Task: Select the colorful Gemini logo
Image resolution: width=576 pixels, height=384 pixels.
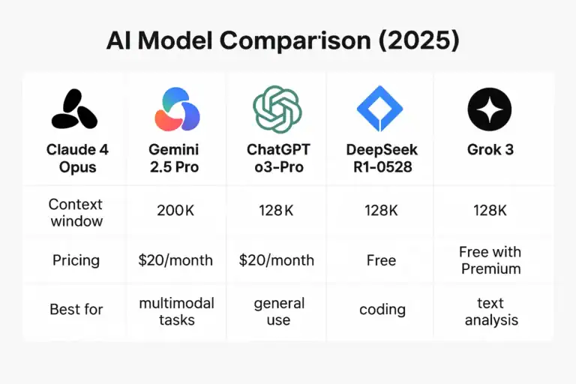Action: click(177, 109)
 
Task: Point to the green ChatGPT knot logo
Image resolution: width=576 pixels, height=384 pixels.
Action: click(277, 109)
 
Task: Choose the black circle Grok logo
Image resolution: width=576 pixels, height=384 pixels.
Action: click(489, 109)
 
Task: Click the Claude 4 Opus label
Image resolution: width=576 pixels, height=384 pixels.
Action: click(77, 157)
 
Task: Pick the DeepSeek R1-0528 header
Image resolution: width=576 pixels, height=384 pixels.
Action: click(381, 157)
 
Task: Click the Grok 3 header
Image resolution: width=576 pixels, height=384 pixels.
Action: click(489, 149)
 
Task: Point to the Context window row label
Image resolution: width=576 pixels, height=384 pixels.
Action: click(75, 212)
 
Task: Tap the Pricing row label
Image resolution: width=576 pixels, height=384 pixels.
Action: click(76, 260)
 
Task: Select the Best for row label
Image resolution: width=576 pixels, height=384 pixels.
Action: click(76, 308)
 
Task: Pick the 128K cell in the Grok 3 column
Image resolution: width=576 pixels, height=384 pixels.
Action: click(489, 211)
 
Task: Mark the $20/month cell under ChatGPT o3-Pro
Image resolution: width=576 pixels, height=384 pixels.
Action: click(277, 260)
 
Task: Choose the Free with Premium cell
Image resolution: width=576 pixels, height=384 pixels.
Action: click(490, 259)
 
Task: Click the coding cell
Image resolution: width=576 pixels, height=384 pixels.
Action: click(382, 308)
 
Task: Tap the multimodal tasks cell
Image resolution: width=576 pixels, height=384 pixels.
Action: click(177, 311)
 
